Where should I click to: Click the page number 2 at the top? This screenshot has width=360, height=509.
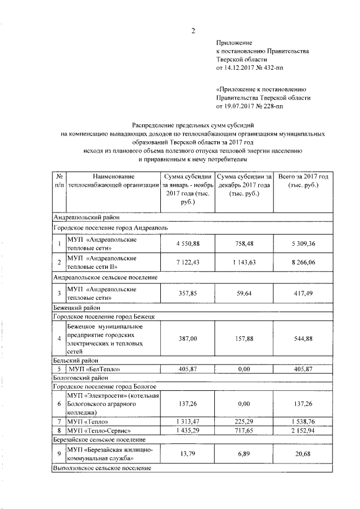point(192,31)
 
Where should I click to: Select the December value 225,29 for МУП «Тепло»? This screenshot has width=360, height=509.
point(244,421)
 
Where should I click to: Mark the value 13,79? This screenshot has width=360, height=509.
point(188,453)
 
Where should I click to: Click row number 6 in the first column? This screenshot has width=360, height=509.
point(59,403)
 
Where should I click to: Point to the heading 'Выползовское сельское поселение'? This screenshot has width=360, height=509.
point(102,468)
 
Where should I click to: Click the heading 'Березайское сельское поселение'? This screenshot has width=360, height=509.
point(100,439)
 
